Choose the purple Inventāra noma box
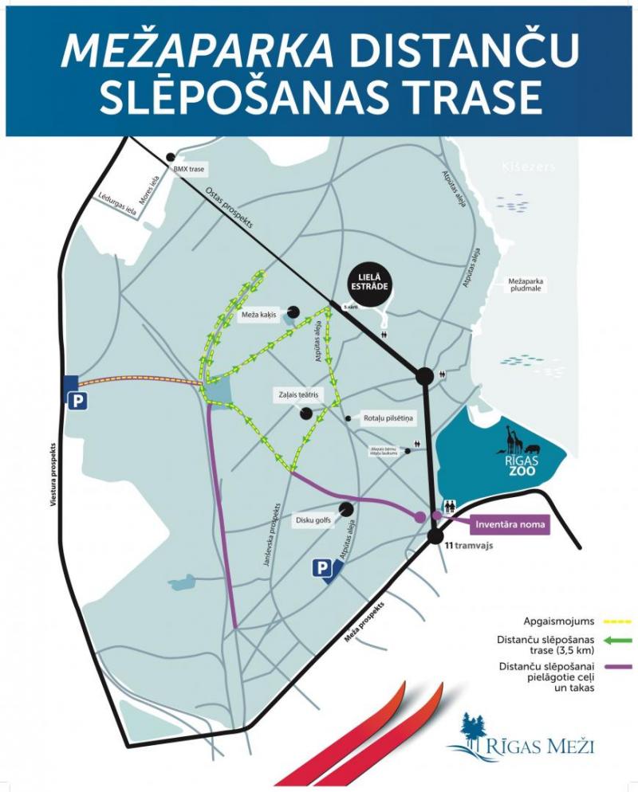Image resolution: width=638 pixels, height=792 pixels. pyautogui.click(x=510, y=524)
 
